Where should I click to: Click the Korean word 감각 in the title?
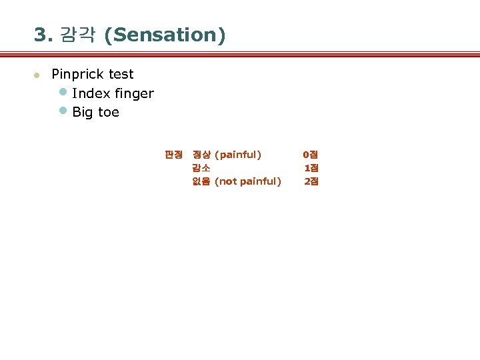coord(78,35)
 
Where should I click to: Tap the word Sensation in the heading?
coord(165,35)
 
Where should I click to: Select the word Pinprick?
coord(78,74)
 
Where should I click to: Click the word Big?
coord(83,112)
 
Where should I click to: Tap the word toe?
coord(109,112)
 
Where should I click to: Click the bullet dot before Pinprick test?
coord(38,75)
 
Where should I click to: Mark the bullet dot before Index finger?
coord(63,92)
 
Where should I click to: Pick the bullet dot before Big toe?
coord(63,111)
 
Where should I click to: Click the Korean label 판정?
coord(173,155)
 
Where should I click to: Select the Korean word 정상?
coord(201,155)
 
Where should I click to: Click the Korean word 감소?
coord(201,168)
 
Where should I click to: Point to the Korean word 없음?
coord(201,181)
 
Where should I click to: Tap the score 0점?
coord(311,155)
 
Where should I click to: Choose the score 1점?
coord(311,168)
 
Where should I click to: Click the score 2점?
coord(311,181)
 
